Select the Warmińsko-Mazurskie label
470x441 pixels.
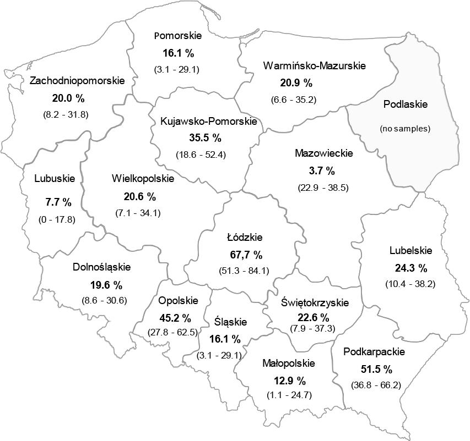tap(314, 66)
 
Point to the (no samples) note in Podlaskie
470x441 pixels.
tap(404, 129)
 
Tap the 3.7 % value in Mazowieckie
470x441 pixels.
tap(322, 170)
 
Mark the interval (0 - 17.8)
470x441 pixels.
tap(57, 219)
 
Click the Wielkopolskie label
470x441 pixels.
tap(142, 179)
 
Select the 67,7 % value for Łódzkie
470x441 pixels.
tap(245, 255)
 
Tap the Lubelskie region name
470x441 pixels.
tap(410, 251)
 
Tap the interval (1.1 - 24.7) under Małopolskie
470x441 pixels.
tap(289, 395)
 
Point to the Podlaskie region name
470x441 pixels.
tap(404, 103)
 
